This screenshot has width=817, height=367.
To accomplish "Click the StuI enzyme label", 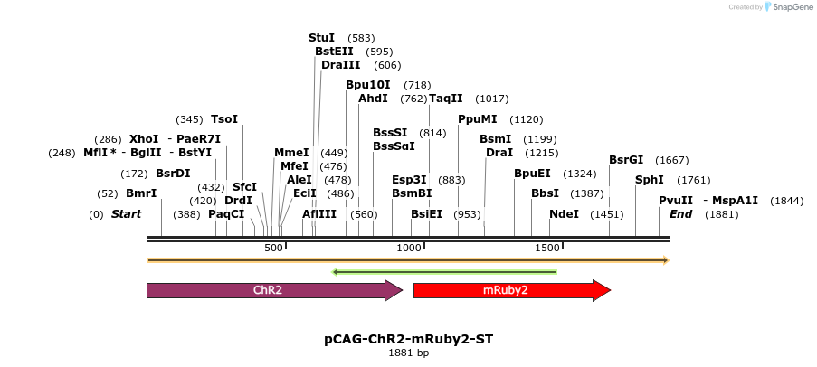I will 321,38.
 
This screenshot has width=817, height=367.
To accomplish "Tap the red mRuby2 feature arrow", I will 511,290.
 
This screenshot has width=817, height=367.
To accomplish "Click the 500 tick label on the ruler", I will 274,248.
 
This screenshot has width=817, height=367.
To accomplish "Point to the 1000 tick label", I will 410,248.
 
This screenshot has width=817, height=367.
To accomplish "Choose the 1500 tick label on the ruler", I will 547,248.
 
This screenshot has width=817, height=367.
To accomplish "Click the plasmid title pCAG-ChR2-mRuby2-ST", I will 409,339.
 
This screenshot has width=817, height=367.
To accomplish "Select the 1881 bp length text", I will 409,353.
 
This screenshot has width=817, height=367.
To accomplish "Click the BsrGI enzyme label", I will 626,160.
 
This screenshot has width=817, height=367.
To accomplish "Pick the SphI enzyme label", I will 650,179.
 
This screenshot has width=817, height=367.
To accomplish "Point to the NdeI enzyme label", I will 564,214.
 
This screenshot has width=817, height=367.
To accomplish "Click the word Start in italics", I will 127,214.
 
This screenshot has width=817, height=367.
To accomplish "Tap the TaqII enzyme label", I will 445,99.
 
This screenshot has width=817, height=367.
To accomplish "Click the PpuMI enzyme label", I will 477,119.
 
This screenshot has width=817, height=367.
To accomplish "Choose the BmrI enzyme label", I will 141,193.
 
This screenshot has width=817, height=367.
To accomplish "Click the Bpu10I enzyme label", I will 368,85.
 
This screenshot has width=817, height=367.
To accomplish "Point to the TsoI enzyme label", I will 224,119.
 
